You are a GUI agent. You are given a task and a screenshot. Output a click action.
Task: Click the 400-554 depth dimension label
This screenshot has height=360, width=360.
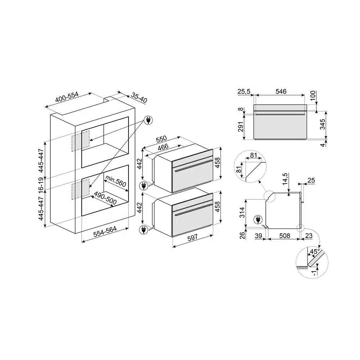(67, 97)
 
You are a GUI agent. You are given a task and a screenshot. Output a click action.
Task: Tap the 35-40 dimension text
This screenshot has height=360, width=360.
(139, 98)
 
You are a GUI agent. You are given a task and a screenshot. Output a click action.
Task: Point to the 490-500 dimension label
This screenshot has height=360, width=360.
(105, 198)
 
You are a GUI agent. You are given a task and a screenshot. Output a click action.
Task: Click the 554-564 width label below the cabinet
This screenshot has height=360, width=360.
(105, 231)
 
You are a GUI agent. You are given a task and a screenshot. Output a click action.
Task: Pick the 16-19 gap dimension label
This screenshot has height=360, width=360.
(41, 185)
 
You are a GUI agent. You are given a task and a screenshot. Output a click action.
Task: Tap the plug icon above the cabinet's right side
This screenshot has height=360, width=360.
(148, 120)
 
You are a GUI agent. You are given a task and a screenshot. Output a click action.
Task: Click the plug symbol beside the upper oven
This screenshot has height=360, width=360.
(144, 186)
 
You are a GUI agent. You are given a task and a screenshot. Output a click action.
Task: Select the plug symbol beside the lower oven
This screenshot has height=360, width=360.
(144, 230)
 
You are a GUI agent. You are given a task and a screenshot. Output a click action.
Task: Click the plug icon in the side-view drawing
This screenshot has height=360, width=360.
(258, 220)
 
